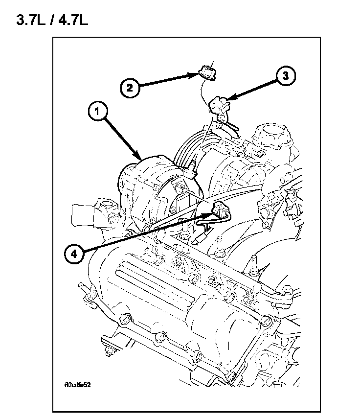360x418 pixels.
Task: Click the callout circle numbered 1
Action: tap(97, 112)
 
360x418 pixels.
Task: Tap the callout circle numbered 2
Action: tap(129, 89)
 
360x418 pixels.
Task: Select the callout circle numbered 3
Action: tap(287, 76)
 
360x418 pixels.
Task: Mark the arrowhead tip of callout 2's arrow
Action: tap(197, 74)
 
